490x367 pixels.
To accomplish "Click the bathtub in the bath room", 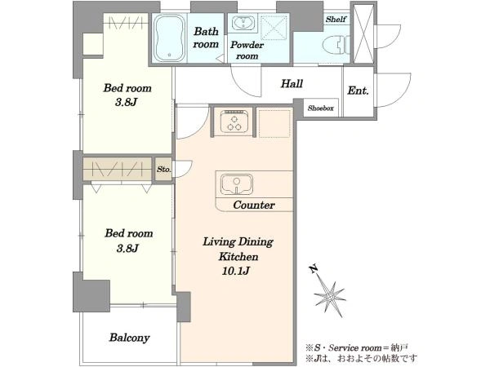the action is coord(169,38).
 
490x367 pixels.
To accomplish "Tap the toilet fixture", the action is coord(336,45).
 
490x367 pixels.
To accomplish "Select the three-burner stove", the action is coord(234,121).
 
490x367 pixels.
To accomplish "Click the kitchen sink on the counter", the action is coord(237,184).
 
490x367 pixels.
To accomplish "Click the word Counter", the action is coord(254,205).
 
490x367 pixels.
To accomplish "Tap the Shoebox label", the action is coord(320,108).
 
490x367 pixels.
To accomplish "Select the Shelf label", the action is coord(336,20).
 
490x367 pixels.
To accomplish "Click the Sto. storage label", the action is coord(164,170).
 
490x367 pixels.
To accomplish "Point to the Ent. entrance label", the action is coord(359,91).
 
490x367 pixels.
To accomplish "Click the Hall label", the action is coord(292,84).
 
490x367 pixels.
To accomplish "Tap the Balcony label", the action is coord(129,338).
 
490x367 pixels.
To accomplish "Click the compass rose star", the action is coord(330,297).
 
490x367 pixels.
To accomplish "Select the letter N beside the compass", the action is coord(313,269).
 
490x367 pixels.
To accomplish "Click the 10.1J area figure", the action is coord(236,271).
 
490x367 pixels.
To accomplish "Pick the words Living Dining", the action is coord(238,242).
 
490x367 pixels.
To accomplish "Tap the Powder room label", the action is coord(247,51).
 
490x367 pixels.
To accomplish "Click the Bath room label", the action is coord(206,38).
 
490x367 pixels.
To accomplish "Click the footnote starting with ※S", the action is coord(357,347).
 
